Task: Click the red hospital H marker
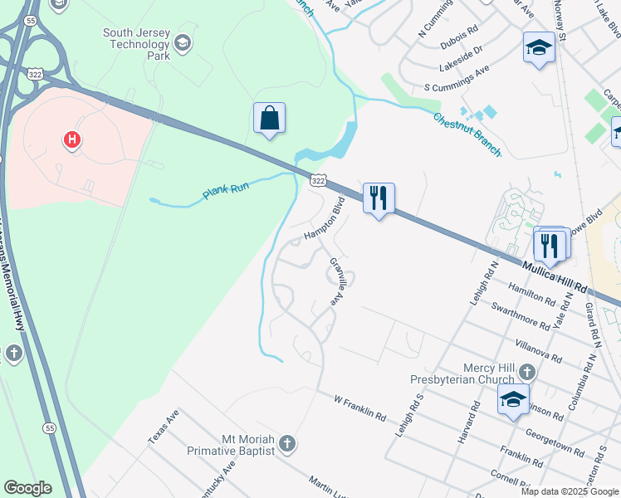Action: tap(73, 139)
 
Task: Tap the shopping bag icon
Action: tap(270, 119)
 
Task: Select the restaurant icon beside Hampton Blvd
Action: tap(379, 198)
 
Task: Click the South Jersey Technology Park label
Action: tap(136, 44)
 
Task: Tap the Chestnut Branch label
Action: tap(467, 134)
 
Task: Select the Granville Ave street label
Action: tap(339, 282)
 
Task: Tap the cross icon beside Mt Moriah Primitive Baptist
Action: tap(286, 444)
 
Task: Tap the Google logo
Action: tap(27, 488)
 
